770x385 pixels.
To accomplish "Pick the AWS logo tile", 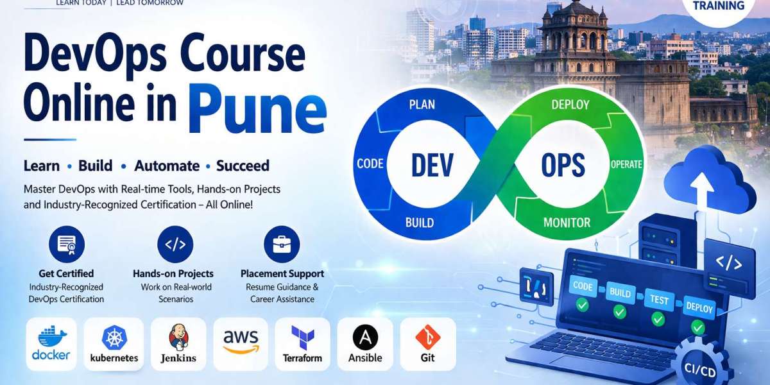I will [241, 343].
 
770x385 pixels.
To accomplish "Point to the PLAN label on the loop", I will [422, 105].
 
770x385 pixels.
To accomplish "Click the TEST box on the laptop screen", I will [659, 299].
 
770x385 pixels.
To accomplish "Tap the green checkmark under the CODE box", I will [582, 305].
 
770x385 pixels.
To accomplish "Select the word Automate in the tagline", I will [167, 166].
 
